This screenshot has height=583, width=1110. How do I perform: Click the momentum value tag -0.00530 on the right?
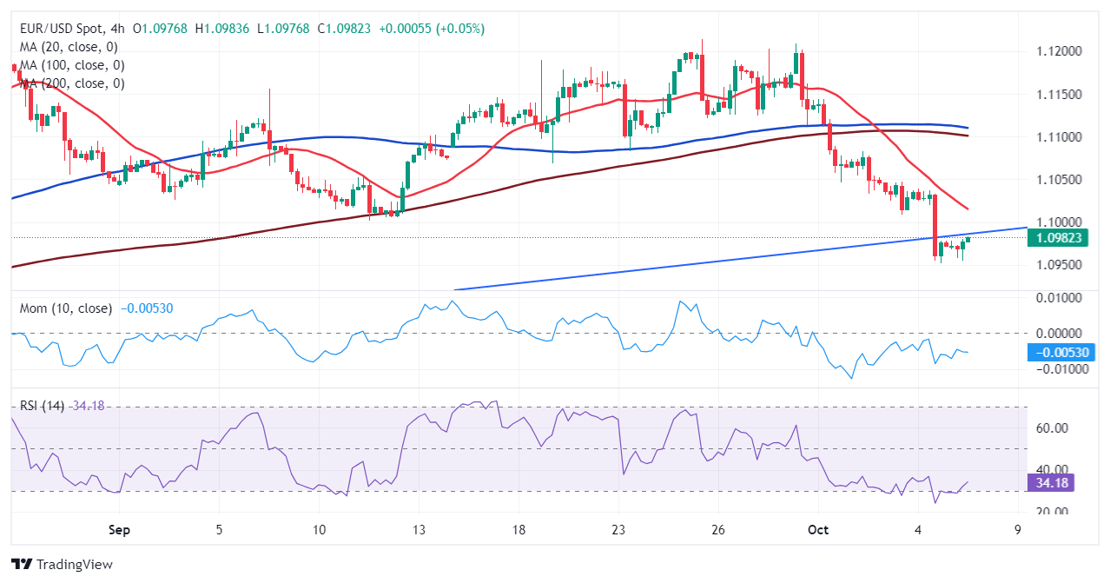[1060, 352]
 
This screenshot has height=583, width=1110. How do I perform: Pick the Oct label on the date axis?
[817, 529]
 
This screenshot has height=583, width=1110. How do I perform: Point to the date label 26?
[718, 529]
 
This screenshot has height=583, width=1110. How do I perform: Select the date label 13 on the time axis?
[420, 529]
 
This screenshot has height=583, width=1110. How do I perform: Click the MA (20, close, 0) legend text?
[69, 47]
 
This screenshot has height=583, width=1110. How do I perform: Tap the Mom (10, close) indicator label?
[66, 308]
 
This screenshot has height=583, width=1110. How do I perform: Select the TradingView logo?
[62, 564]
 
